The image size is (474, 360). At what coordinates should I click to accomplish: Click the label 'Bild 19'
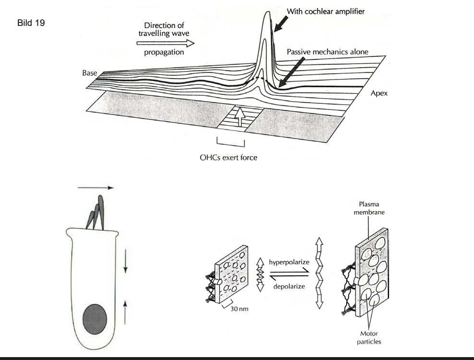(31, 23)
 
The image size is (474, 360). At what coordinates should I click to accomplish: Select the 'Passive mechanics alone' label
(327, 51)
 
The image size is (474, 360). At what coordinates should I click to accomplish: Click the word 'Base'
(89, 73)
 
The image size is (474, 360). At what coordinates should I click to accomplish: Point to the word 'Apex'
(379, 93)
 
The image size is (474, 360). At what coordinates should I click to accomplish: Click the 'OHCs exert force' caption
(228, 157)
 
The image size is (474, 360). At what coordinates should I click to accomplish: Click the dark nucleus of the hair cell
(95, 319)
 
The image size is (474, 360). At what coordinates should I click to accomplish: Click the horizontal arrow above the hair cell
(96, 188)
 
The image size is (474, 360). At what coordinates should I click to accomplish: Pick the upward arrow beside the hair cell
(125, 307)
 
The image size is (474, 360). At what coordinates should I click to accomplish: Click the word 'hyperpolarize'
(289, 263)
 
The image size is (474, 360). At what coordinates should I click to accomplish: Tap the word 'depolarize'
(289, 287)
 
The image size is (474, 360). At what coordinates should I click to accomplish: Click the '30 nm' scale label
(239, 309)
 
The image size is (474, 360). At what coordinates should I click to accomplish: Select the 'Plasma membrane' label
(369, 208)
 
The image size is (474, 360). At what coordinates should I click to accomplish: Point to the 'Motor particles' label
(369, 337)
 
